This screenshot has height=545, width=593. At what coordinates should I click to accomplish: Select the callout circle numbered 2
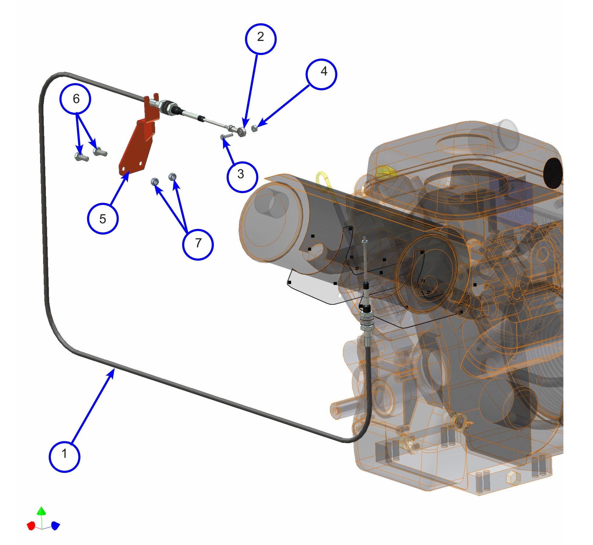261,39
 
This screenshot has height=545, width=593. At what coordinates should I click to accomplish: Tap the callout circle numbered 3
242,177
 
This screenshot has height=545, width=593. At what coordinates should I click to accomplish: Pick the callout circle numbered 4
321,74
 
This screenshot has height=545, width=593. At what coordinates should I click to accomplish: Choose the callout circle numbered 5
103,218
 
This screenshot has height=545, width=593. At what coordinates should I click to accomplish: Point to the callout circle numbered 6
75,99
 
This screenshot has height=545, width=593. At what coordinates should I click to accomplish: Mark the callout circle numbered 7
198,244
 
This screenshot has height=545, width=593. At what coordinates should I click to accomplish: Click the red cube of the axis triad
31,525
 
